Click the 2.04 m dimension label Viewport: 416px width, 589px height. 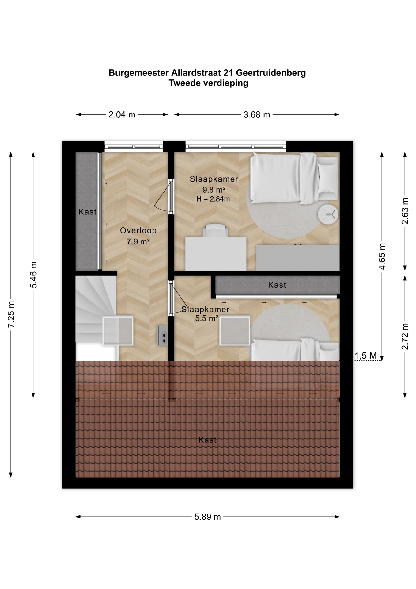(x=122, y=115)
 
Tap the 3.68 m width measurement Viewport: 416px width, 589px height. (x=257, y=115)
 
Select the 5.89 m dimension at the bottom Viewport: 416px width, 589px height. (x=207, y=517)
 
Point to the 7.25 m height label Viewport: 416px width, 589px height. (x=11, y=314)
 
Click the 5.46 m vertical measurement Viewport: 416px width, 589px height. (x=34, y=275)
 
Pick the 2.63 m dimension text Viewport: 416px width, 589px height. (x=405, y=211)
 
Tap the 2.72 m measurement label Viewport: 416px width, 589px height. (x=405, y=336)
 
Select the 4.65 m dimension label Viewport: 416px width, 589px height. (x=382, y=256)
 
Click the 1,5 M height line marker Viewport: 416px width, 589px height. (x=365, y=356)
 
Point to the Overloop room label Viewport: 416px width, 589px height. (x=138, y=230)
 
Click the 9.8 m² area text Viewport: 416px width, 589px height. (x=214, y=190)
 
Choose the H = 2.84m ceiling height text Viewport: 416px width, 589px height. (x=213, y=199)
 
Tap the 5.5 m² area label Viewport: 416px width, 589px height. (x=206, y=318)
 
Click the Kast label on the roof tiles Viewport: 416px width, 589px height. (x=207, y=440)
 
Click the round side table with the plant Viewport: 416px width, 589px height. (x=328, y=214)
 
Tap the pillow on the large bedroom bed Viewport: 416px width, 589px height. (x=327, y=178)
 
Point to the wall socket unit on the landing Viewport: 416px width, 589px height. (x=162, y=336)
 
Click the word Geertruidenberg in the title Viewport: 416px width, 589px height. (x=271, y=73)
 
